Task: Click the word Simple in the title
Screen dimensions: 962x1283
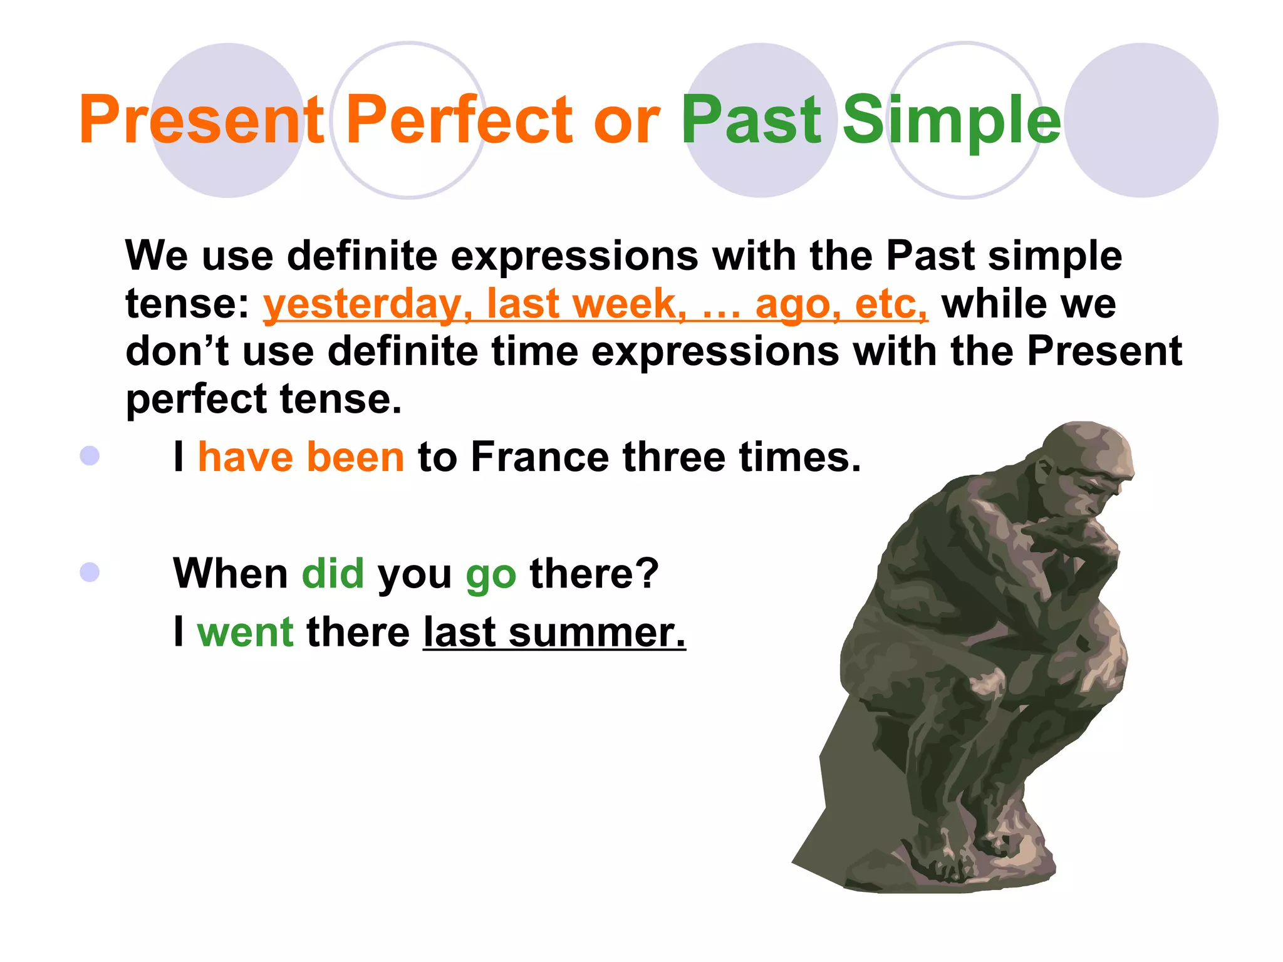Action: [x=951, y=120]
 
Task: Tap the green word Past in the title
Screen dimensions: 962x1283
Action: [x=751, y=120]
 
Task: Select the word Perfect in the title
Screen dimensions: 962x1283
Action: [x=459, y=120]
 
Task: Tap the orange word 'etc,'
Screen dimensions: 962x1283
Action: [x=891, y=305]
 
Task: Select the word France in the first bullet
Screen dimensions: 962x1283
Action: [x=539, y=457]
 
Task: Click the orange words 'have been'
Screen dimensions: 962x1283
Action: [x=301, y=457]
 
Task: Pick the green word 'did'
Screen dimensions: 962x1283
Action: [x=333, y=574]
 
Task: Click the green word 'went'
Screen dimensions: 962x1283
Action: [x=245, y=633]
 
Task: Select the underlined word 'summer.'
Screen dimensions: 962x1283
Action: [x=597, y=633]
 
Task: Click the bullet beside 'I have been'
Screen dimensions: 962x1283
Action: [x=90, y=456]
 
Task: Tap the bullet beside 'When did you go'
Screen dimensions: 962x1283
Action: [x=90, y=572]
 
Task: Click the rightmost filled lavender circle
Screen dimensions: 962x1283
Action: [x=1141, y=120]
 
